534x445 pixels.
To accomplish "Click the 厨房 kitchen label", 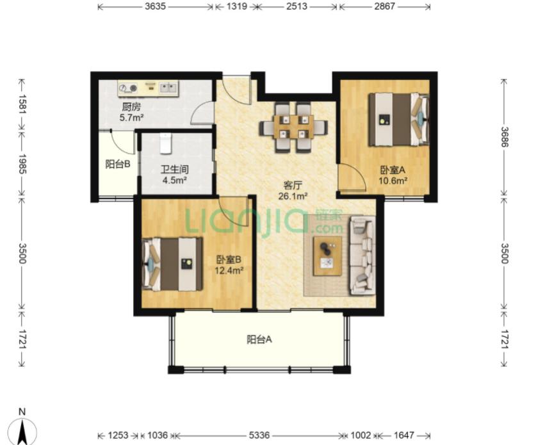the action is [x=131, y=107].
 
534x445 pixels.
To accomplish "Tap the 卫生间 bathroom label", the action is [x=174, y=169].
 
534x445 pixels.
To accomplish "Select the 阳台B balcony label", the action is [x=118, y=165].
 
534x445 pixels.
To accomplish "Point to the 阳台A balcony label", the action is [x=259, y=339].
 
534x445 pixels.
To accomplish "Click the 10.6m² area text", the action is [x=393, y=181].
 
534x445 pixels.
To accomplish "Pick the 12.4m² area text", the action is [x=229, y=271].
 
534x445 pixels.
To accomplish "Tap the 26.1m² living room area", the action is [x=293, y=196].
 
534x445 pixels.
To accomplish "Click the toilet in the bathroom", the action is [x=165, y=143].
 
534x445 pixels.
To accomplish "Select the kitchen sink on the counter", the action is [x=168, y=88].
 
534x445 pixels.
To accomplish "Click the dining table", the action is [x=293, y=127].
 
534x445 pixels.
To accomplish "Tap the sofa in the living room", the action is [x=362, y=255].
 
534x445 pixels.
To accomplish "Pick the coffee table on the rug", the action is [x=328, y=255].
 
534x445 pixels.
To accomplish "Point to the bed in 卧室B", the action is [x=172, y=264].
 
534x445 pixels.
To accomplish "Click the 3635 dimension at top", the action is [x=156, y=6].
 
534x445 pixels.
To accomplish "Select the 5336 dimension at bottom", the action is [x=259, y=435].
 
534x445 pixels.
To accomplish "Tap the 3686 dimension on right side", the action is [x=505, y=137].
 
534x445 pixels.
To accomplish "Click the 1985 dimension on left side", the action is [x=22, y=164].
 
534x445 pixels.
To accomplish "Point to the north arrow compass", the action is [x=22, y=429].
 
